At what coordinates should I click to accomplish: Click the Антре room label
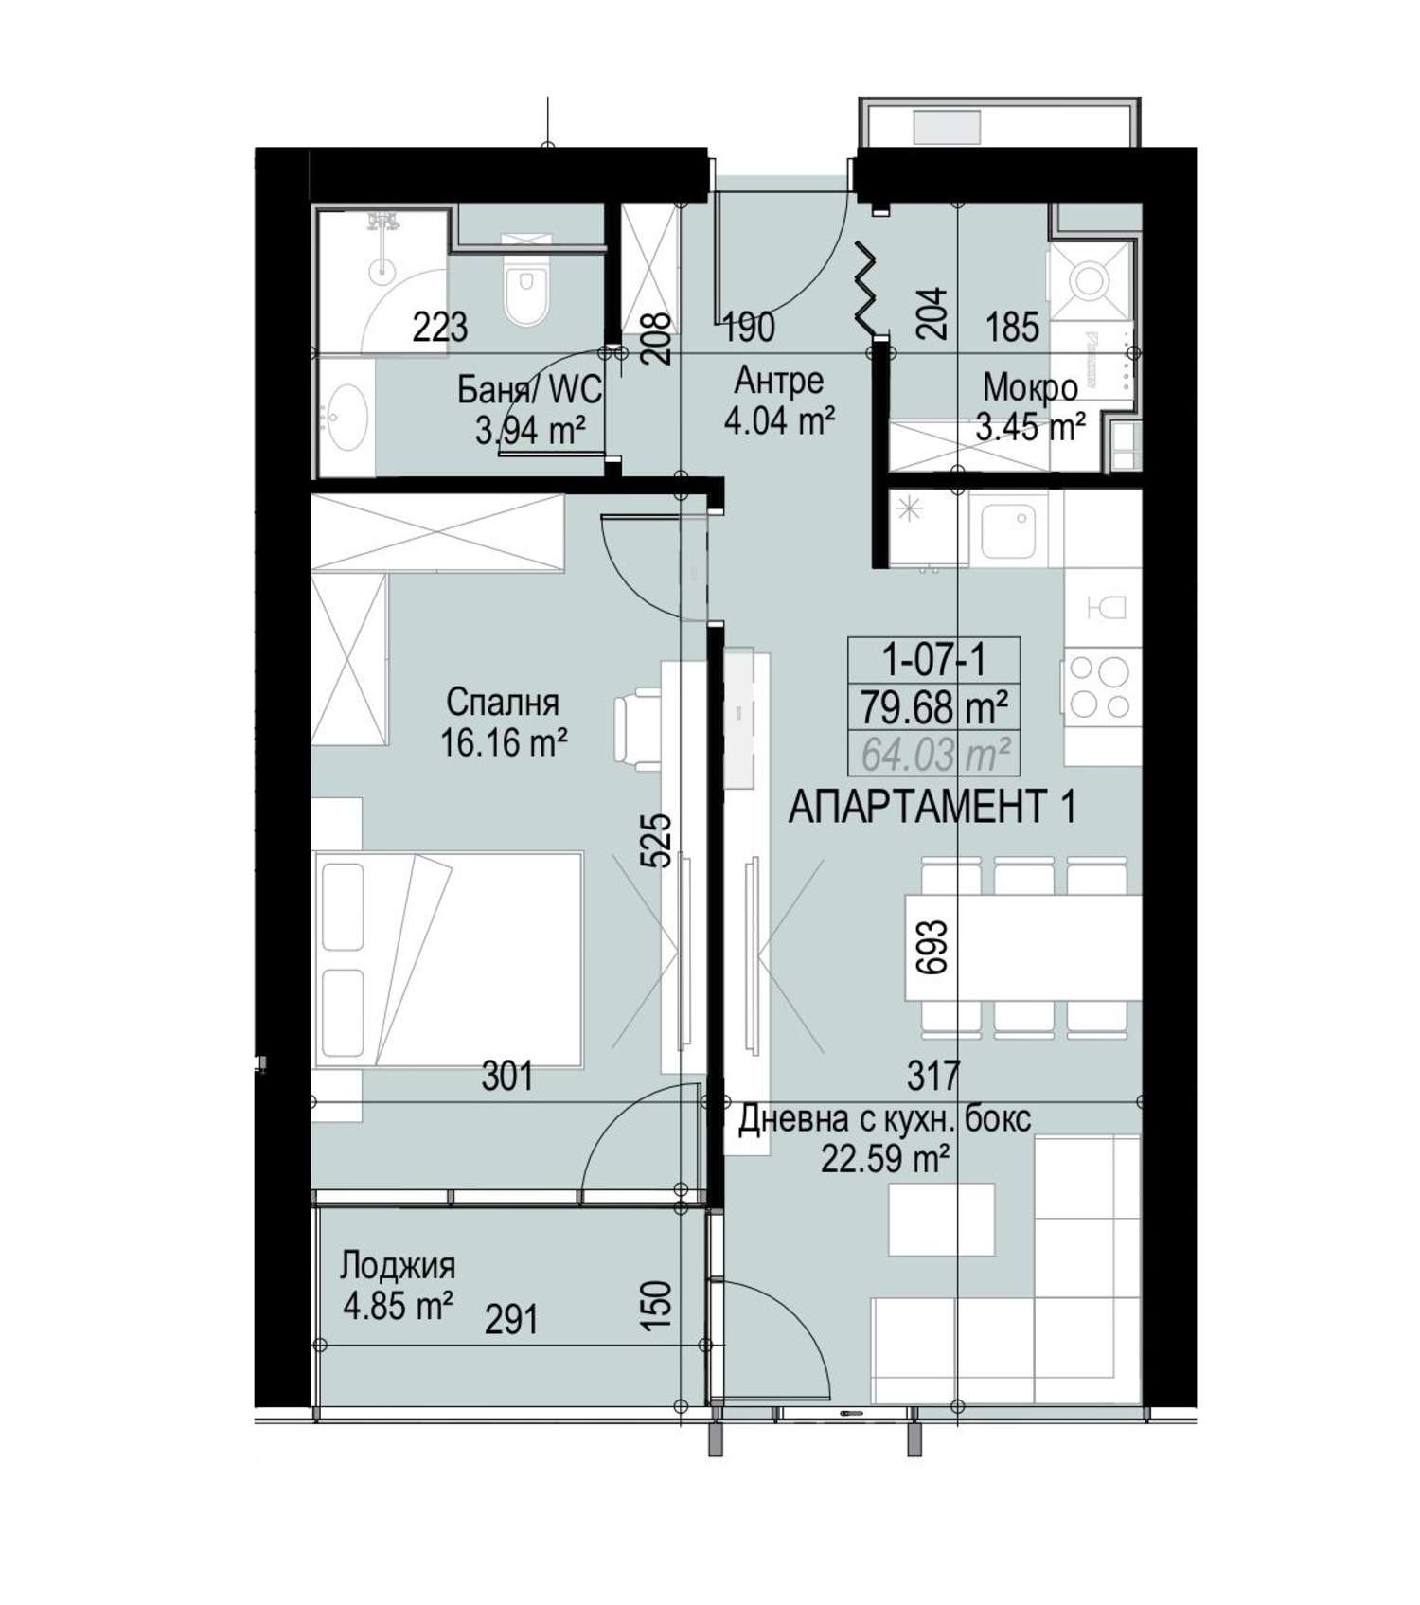778,381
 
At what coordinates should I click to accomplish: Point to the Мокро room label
1030,387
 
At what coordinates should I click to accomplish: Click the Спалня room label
503,703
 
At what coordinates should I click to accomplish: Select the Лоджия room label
398,1265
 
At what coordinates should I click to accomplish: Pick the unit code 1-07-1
933,659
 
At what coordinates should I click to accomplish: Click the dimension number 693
932,949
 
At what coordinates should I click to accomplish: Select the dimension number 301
507,1077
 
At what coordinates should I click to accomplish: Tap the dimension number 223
440,328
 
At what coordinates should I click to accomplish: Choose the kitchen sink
1014,528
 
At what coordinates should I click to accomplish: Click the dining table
1022,946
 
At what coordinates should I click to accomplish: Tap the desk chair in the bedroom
637,727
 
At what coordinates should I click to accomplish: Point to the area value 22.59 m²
885,1159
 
